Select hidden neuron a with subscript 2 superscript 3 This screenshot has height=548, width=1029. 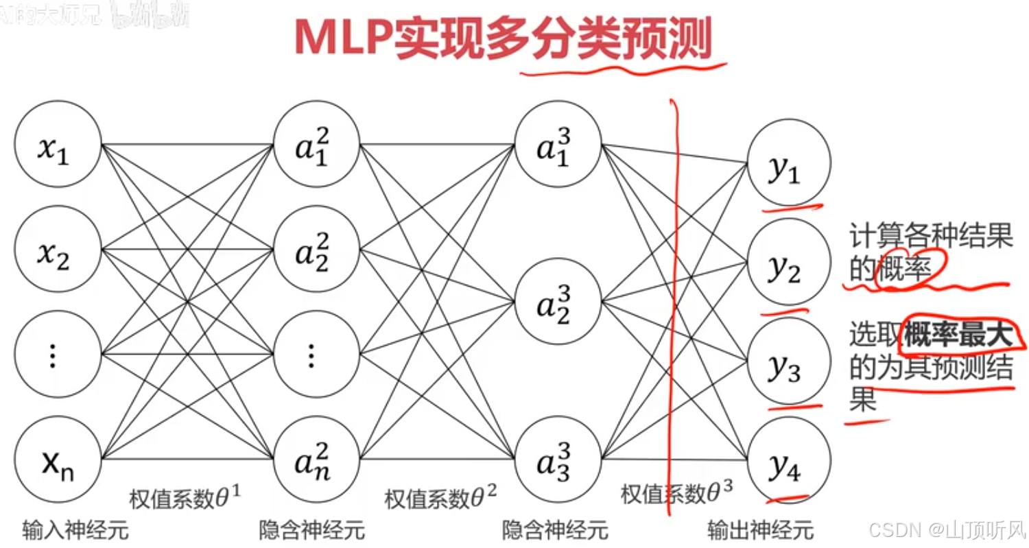coord(558,302)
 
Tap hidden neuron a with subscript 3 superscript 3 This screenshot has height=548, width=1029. coord(558,458)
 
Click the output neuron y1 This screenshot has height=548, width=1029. coord(789,163)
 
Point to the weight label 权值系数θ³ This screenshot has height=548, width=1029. coord(676,494)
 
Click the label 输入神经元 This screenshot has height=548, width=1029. coord(75,530)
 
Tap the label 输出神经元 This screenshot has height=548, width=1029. coord(761,530)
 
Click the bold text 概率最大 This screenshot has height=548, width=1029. coord(958,337)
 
